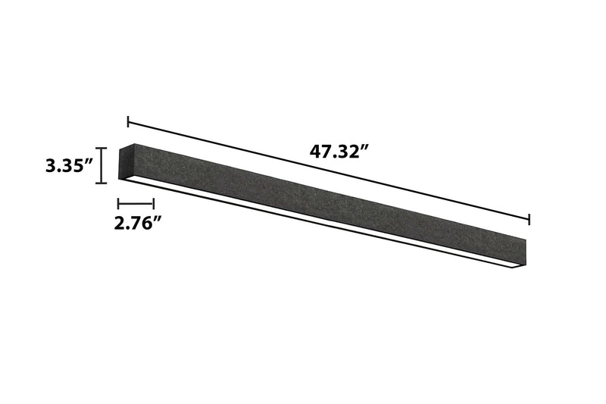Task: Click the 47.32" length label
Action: click(x=338, y=151)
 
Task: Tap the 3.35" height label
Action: click(x=68, y=165)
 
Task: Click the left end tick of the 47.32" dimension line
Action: click(x=128, y=121)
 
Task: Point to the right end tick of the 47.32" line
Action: click(x=529, y=220)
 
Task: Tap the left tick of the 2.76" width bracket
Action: click(x=119, y=203)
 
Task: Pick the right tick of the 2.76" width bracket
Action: click(x=154, y=203)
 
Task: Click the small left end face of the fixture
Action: click(x=127, y=161)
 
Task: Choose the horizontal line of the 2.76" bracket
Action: click(x=136, y=203)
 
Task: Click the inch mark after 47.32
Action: click(x=364, y=146)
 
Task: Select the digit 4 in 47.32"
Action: click(x=314, y=151)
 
